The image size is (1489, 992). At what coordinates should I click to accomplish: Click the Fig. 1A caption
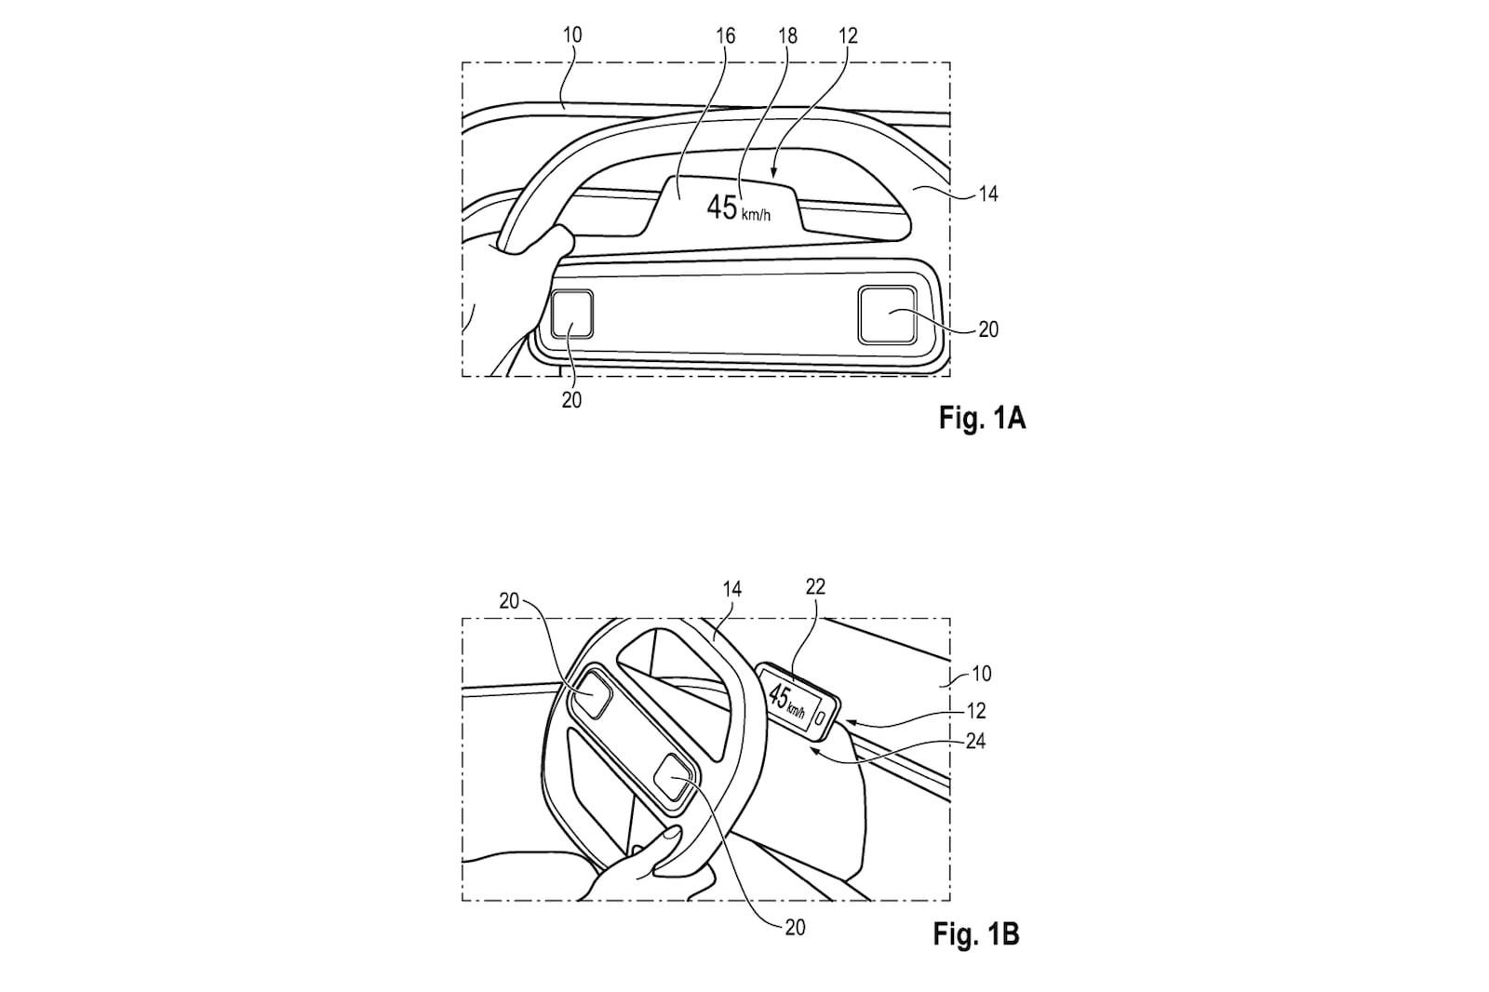pos(982,418)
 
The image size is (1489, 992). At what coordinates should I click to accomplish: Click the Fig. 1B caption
pos(976,934)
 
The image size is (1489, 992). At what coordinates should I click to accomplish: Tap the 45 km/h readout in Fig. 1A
pos(739,208)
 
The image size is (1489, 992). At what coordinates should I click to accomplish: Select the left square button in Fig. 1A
pos(571,315)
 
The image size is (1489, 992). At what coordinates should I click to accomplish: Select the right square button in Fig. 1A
pos(887,315)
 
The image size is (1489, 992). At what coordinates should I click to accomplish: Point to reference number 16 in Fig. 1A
pos(726,36)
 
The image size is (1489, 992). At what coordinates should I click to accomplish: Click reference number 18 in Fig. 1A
pos(787,36)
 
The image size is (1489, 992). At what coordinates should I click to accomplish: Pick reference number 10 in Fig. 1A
pos(572,34)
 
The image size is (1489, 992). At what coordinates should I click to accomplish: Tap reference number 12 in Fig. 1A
pos(848,36)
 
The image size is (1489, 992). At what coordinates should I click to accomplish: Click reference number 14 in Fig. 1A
pos(988,194)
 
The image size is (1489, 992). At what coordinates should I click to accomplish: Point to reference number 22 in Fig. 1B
pos(815,586)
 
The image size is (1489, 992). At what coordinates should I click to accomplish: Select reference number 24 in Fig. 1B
pos(975,741)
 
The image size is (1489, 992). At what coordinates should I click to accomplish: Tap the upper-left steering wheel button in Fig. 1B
pos(592,693)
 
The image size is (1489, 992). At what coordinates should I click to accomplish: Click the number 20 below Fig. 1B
pos(796,928)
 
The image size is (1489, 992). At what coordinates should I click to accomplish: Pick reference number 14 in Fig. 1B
pos(731,589)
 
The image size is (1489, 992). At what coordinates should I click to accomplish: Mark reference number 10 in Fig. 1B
pos(982,674)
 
